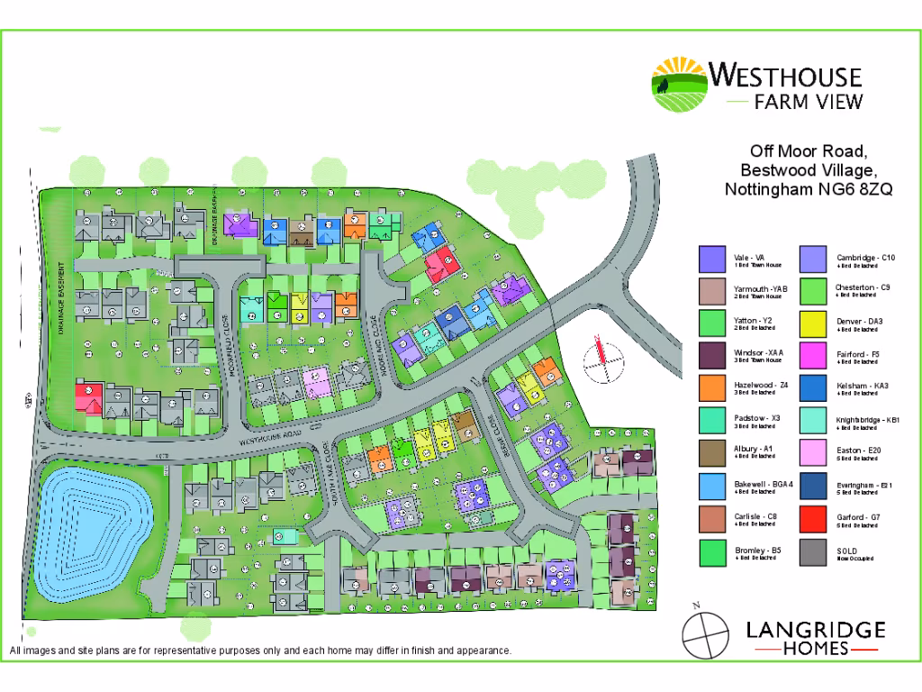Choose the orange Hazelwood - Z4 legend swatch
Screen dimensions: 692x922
(712, 389)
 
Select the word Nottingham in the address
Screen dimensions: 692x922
(765, 189)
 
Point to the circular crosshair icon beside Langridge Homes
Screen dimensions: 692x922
(705, 636)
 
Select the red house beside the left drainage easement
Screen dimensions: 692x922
(87, 396)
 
